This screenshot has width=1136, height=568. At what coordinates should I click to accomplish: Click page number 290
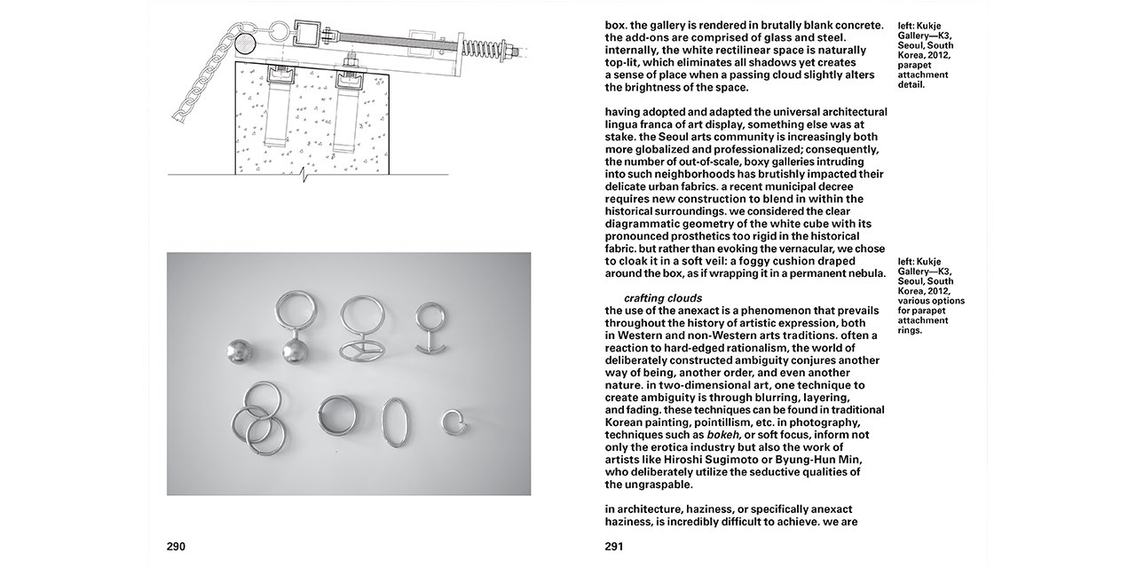pos(176,547)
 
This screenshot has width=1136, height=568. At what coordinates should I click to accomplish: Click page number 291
pos(614,547)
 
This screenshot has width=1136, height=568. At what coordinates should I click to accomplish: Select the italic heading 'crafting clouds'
pos(663,298)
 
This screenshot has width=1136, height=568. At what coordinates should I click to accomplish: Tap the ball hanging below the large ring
pos(295,352)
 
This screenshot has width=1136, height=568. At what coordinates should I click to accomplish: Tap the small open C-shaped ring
pos(455,422)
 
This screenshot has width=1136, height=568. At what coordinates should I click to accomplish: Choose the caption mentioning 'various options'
pos(930,296)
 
